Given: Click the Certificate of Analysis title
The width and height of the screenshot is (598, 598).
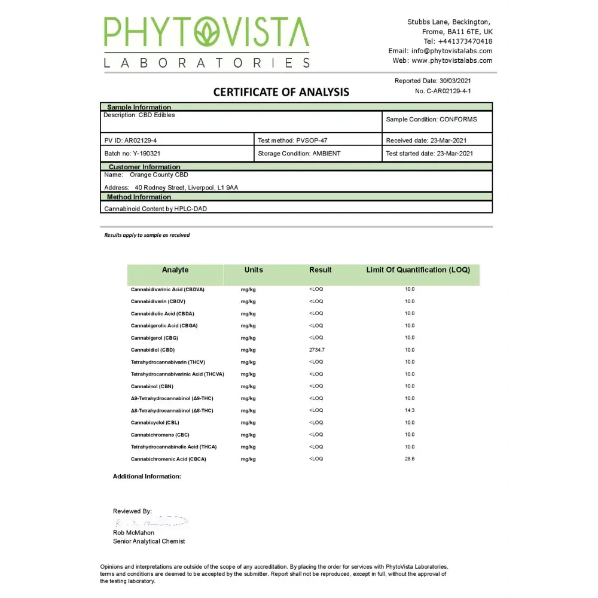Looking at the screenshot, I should coord(281,92).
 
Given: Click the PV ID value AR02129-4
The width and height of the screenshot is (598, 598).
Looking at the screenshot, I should coord(141,141).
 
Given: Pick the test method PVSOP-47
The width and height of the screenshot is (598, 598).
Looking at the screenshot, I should coord(312,141).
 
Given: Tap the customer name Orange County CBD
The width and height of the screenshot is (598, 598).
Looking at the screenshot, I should coord(158,175).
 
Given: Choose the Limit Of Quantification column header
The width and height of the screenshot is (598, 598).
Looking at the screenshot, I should coord(418,270).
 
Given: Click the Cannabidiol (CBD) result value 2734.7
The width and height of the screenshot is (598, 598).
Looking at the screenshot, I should coord(317,350).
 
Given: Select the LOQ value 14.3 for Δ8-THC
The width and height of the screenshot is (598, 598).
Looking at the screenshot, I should coord(409,410).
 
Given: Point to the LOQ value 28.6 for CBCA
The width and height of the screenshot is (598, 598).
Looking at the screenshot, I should coord(409,459).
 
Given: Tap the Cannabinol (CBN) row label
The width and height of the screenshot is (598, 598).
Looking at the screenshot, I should coord(152,386).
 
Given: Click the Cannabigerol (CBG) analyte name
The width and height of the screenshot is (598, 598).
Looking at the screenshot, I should coord(154,338).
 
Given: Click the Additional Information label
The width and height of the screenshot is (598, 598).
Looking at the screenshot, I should coord(147,477).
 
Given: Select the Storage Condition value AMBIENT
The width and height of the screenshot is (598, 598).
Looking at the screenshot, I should coord(327,154).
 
